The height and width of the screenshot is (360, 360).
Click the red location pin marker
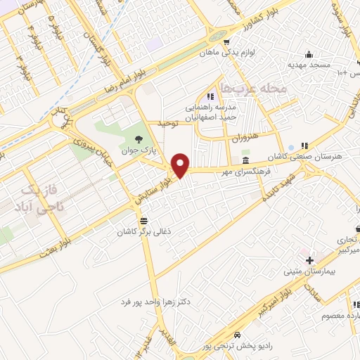click(181, 165)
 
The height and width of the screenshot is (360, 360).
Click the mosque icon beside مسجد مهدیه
click(307, 55)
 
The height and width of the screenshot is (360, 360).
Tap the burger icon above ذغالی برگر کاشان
click(143, 221)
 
